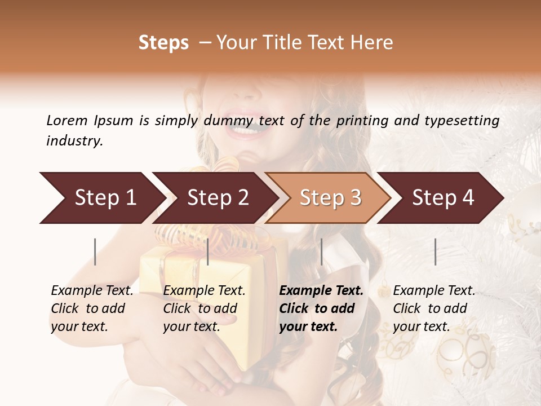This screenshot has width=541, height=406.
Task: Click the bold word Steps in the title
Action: click(x=163, y=43)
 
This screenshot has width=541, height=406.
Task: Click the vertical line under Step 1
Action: click(x=95, y=251)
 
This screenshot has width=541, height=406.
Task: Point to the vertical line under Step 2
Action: click(x=208, y=251)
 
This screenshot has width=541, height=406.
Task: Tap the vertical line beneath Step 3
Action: click(x=321, y=251)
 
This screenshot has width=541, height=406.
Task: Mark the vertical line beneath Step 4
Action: click(x=435, y=251)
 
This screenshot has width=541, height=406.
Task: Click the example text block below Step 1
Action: click(x=92, y=308)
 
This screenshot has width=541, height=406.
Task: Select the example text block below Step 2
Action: click(x=204, y=308)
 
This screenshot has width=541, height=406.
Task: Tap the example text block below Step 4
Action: click(x=434, y=308)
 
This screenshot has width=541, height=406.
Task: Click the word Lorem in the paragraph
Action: click(x=66, y=120)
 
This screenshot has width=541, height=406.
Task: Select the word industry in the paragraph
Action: click(x=74, y=141)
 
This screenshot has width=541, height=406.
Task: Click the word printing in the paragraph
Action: click(x=364, y=121)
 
